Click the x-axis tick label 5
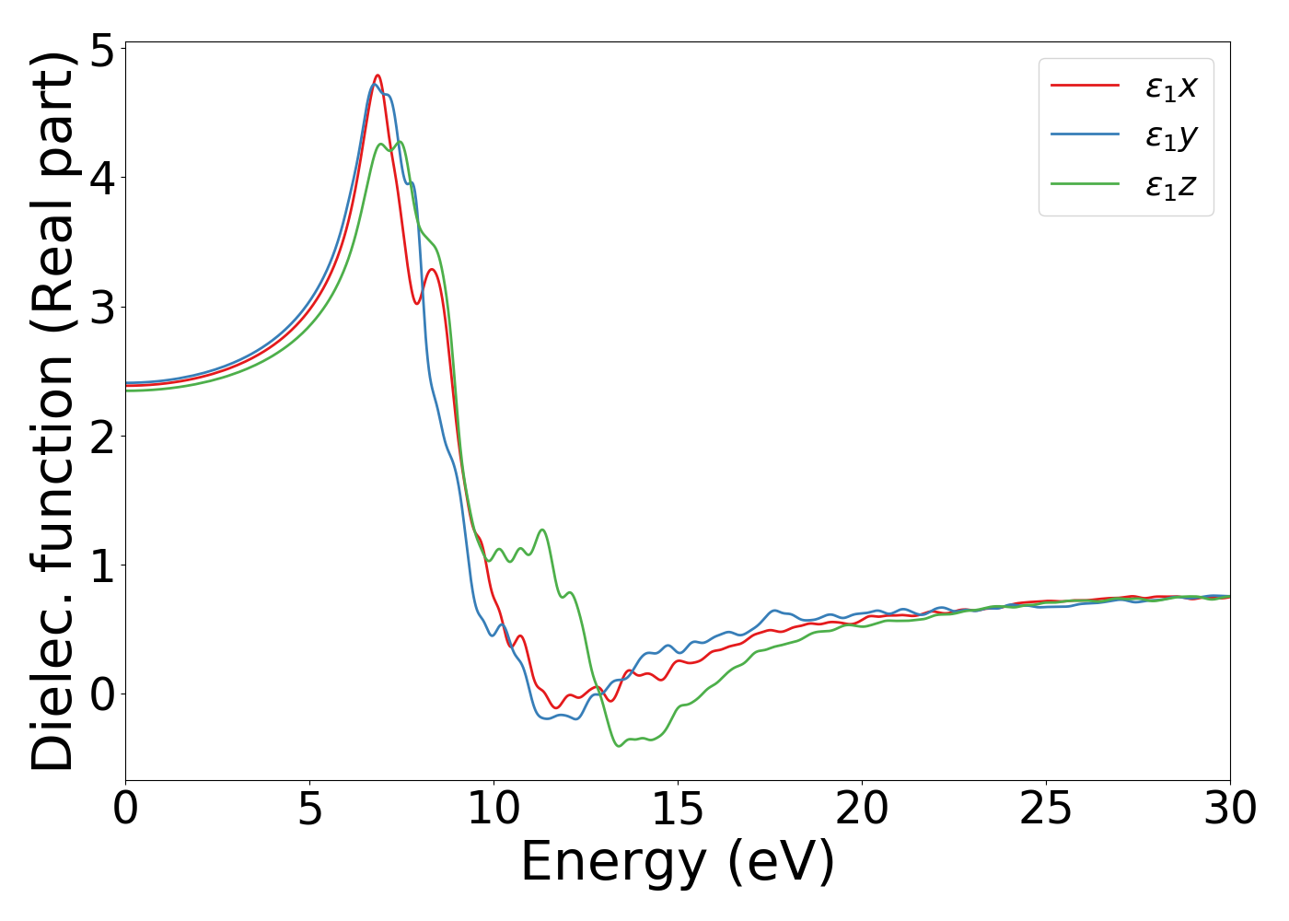click(309, 810)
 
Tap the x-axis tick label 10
click(494, 810)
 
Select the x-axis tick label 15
click(678, 810)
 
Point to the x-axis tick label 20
click(862, 810)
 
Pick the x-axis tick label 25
click(1046, 810)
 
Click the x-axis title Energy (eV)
click(678, 863)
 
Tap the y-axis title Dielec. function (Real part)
click(52, 411)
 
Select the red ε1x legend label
click(1171, 87)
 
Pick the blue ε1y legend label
click(1171, 136)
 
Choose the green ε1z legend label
click(1171, 186)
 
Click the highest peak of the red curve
click(377, 76)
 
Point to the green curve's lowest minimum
click(619, 745)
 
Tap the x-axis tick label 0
click(125, 810)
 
